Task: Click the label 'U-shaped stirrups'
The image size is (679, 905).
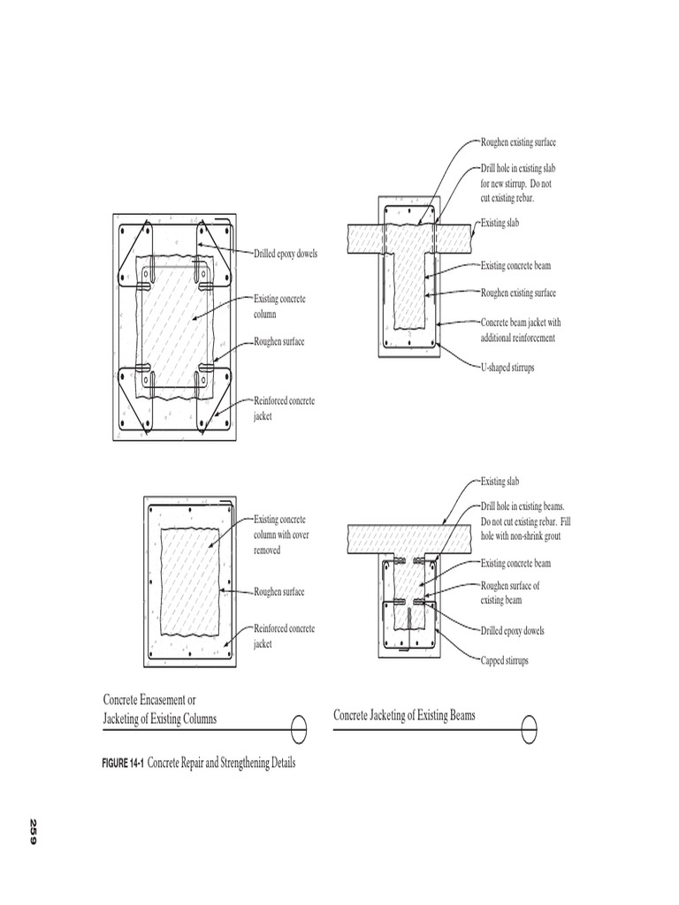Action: [x=507, y=366]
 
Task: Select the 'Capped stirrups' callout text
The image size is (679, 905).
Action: [x=504, y=660]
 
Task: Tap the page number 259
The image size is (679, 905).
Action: [x=34, y=832]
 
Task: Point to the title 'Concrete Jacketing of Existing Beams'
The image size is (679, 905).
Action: [x=404, y=715]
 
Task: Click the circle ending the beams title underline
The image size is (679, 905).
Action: [x=527, y=730]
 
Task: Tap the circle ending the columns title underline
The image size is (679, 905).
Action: [x=298, y=730]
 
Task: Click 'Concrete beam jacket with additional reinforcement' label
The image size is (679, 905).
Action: [x=520, y=331]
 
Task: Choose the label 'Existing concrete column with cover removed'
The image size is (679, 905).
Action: [x=280, y=534]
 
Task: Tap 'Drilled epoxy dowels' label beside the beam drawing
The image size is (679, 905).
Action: [x=512, y=631]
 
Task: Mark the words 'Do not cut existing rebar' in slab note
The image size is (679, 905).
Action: [x=515, y=190]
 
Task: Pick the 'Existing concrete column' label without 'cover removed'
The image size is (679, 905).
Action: [x=279, y=306]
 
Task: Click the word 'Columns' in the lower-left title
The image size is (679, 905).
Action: [x=195, y=719]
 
